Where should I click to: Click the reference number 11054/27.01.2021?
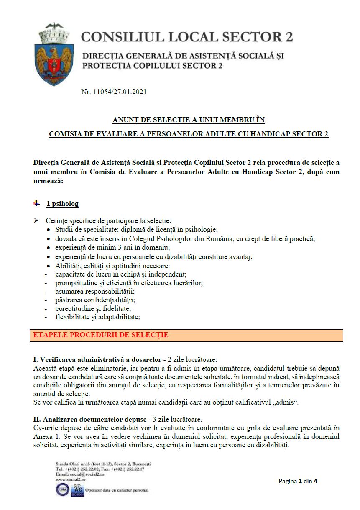(114, 92)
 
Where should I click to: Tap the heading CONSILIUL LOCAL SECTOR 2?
(187, 37)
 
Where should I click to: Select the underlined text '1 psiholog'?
(62, 204)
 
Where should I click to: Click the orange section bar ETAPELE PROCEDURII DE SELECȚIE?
(186, 336)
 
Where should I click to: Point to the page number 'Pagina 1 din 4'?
(298, 481)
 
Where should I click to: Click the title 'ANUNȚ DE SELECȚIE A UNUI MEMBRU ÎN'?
(189, 120)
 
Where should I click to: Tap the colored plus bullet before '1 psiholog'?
(37, 203)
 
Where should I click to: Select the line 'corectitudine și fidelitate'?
(93, 308)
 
